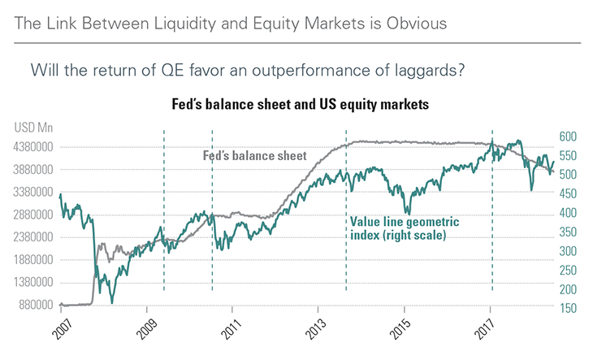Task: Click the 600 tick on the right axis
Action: tap(568, 137)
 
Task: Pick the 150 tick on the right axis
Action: tap(568, 308)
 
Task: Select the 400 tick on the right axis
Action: tap(568, 213)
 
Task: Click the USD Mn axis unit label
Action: tap(32, 127)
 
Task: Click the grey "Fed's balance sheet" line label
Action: tap(253, 156)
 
